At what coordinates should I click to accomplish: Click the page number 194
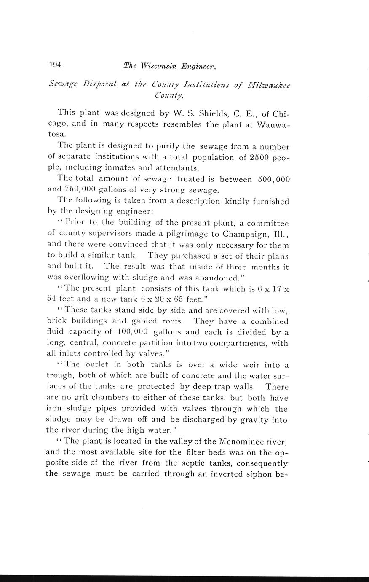pos(55,65)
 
